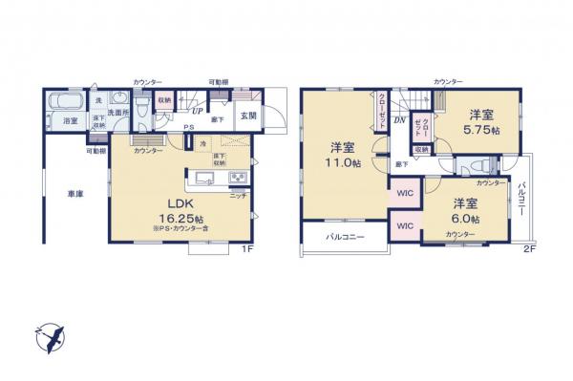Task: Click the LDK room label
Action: click(x=171, y=203)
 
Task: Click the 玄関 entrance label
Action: click(x=247, y=116)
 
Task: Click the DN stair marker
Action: click(x=399, y=119)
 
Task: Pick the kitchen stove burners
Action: click(x=237, y=179)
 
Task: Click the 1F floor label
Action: click(x=246, y=250)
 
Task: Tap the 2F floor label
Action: click(x=529, y=250)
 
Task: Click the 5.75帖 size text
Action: click(x=481, y=130)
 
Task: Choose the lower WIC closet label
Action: click(x=405, y=226)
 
